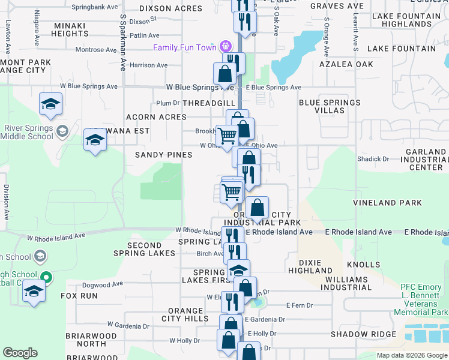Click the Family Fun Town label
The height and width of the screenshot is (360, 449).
[x=185, y=47]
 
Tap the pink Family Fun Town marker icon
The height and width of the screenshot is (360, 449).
[x=226, y=46]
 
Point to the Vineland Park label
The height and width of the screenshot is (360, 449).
[x=387, y=203]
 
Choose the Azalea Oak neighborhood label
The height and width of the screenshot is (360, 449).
[x=346, y=64]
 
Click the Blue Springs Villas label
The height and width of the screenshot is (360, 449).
[x=330, y=107]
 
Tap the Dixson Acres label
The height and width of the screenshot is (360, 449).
[x=163, y=9]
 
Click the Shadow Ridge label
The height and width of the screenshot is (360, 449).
[x=363, y=334]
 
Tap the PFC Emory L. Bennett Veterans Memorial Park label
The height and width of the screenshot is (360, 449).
[x=424, y=299]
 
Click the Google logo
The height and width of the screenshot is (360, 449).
[x=20, y=353]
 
